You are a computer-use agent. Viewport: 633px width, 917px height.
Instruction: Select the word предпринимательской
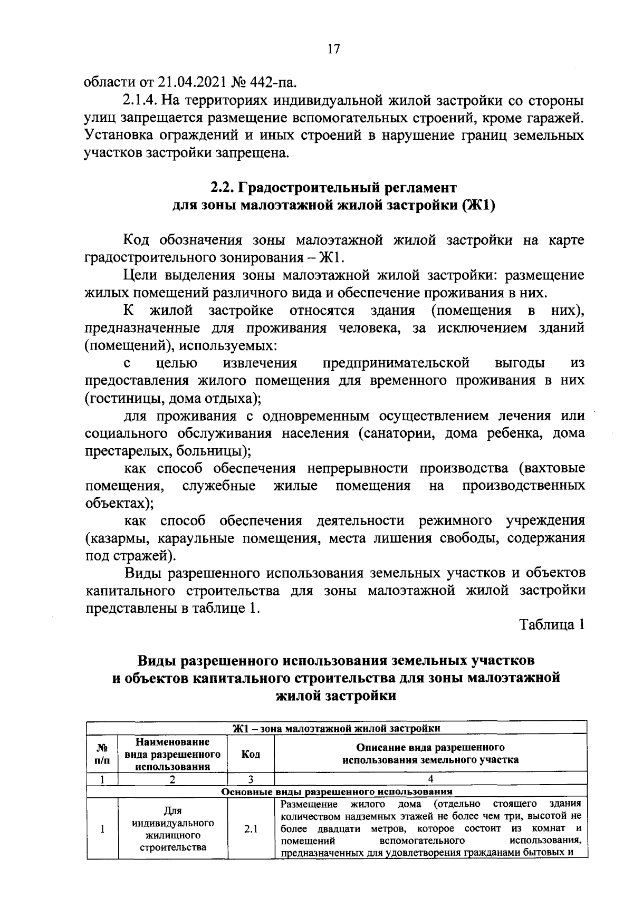[x=396, y=363]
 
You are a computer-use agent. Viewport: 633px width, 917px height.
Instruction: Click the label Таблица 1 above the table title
[x=552, y=625]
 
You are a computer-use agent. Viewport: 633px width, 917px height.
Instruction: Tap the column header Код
[x=251, y=754]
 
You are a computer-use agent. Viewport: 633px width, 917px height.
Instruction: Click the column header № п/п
[x=102, y=754]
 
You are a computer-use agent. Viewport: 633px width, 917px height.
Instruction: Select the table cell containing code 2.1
[x=251, y=829]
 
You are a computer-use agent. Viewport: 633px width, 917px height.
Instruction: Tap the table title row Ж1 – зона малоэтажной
[x=337, y=728]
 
